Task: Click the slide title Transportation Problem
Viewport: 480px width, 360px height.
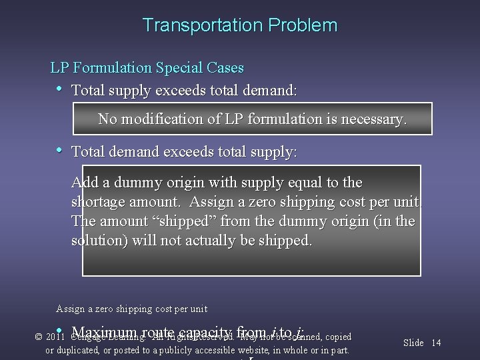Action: [x=240, y=26]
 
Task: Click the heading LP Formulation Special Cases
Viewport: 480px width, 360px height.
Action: [x=147, y=68]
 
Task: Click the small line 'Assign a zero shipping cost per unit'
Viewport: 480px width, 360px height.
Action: [x=132, y=309]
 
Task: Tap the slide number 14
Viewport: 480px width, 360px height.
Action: [x=436, y=343]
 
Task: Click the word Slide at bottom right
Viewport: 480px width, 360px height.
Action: [x=413, y=343]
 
